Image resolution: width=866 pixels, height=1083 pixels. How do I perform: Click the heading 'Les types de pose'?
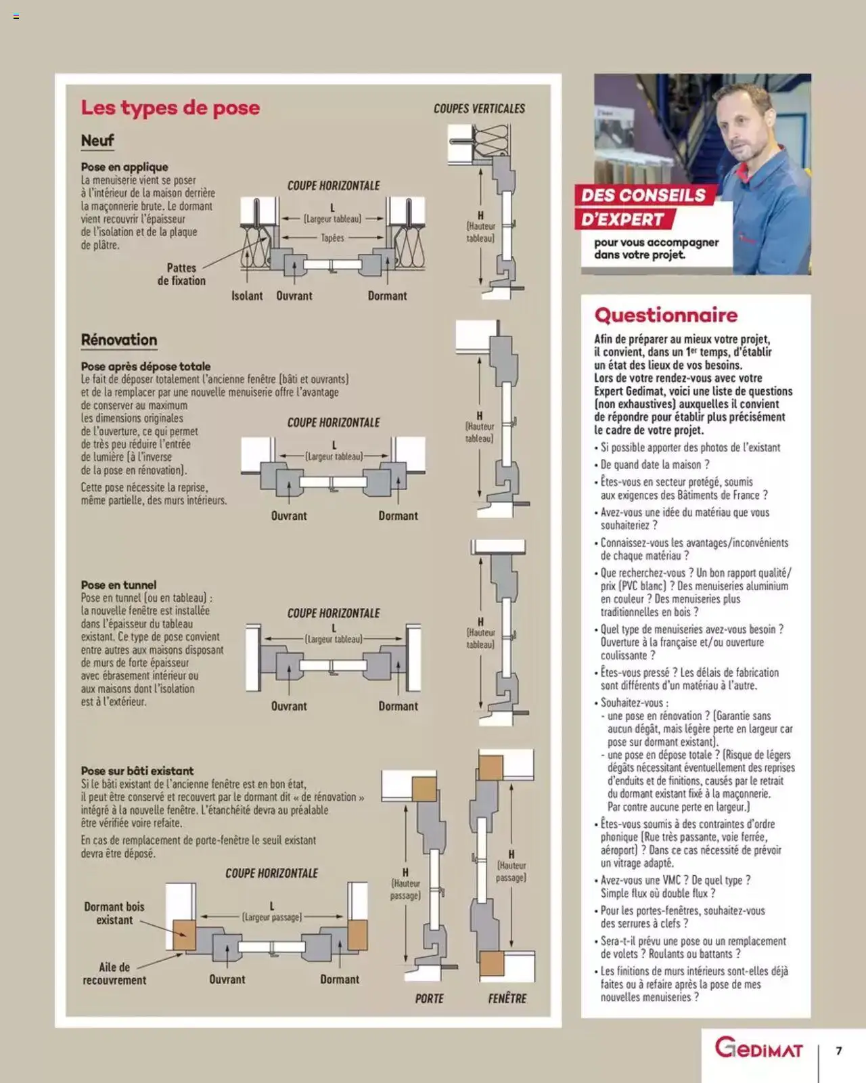pyautogui.click(x=170, y=108)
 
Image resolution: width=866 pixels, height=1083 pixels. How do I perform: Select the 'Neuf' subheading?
pyautogui.click(x=97, y=141)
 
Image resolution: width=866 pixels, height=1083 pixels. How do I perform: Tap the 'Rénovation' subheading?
pyautogui.click(x=118, y=340)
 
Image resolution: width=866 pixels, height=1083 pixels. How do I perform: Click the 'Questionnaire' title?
pyautogui.click(x=666, y=315)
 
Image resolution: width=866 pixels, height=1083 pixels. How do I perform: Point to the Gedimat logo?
pyautogui.click(x=758, y=1049)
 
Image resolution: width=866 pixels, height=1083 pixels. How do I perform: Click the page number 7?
pyautogui.click(x=839, y=1051)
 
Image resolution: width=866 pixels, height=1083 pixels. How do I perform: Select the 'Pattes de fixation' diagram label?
pyautogui.click(x=181, y=274)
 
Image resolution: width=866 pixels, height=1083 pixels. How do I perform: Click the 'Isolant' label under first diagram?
pyautogui.click(x=247, y=296)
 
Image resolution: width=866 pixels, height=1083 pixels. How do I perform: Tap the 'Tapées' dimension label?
pyautogui.click(x=332, y=238)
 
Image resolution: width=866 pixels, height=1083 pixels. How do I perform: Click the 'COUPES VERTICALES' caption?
pyautogui.click(x=479, y=108)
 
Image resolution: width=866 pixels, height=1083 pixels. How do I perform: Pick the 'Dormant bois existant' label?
pyautogui.click(x=114, y=913)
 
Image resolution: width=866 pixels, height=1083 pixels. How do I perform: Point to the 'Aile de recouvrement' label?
pyautogui.click(x=114, y=973)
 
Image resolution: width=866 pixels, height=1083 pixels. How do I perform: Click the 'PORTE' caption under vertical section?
pyautogui.click(x=429, y=998)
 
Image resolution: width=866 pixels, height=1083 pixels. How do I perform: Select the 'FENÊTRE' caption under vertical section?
pyautogui.click(x=507, y=998)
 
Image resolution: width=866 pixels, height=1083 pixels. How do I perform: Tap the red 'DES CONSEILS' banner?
pyautogui.click(x=643, y=196)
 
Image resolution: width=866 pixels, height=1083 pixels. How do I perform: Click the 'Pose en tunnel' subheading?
pyautogui.click(x=118, y=585)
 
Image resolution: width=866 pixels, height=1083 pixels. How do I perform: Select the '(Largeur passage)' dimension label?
pyautogui.click(x=271, y=917)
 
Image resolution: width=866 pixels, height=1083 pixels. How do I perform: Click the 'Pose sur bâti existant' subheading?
pyautogui.click(x=137, y=771)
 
